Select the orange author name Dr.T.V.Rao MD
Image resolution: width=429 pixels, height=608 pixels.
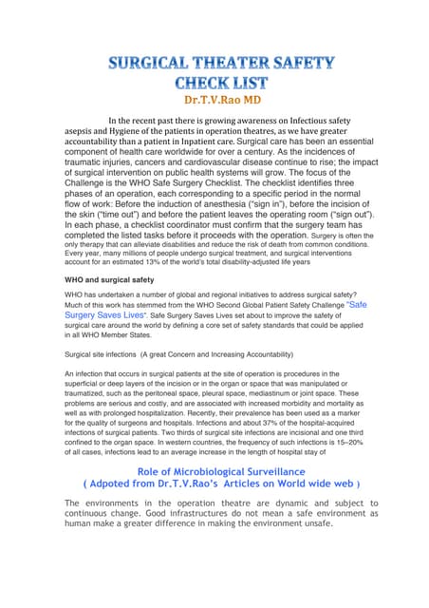pos(214,101)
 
